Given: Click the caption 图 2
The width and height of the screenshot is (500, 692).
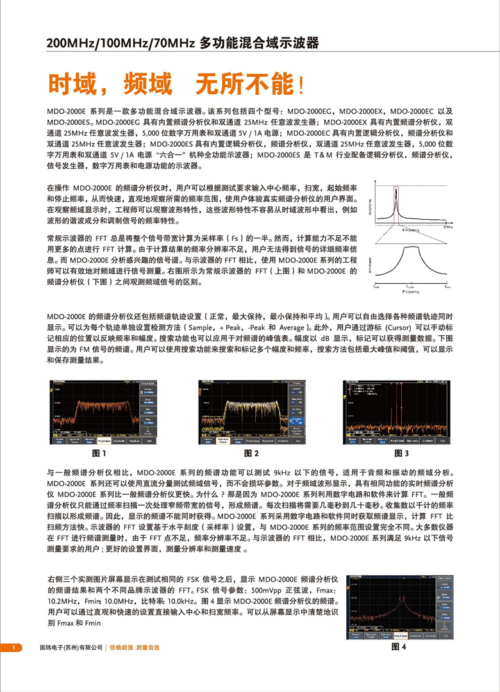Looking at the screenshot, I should point(251,453).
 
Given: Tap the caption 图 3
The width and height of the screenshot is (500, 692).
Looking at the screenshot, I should point(401,453).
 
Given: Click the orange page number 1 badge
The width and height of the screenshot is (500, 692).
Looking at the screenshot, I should point(13,648).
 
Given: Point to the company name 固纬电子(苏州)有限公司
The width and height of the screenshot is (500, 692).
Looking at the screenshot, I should point(71,648).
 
